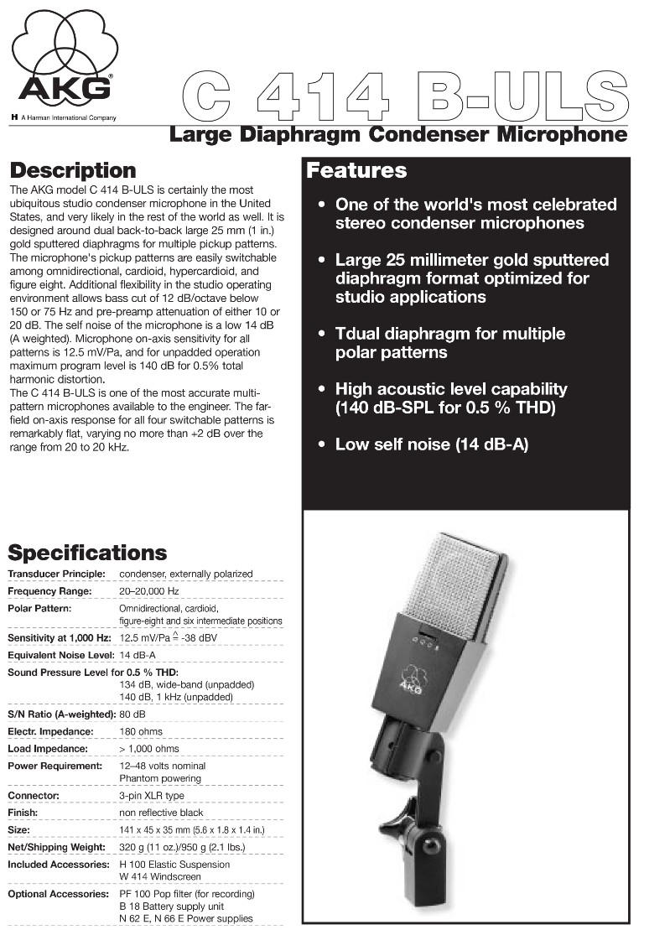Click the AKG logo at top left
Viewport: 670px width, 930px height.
65,63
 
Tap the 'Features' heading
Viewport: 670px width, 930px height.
356,171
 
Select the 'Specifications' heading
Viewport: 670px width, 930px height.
87,553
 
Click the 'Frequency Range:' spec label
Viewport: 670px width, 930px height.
49,591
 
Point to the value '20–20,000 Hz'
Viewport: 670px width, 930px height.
149,591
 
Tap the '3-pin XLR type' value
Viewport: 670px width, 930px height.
151,795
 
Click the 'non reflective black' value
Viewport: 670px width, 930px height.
161,813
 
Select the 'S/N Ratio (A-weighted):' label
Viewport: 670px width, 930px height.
61,714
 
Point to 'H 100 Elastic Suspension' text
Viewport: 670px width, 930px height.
174,864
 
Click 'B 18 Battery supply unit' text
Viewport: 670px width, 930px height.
171,907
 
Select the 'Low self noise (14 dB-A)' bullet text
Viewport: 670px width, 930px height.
431,444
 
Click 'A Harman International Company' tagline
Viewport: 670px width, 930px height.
68,117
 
